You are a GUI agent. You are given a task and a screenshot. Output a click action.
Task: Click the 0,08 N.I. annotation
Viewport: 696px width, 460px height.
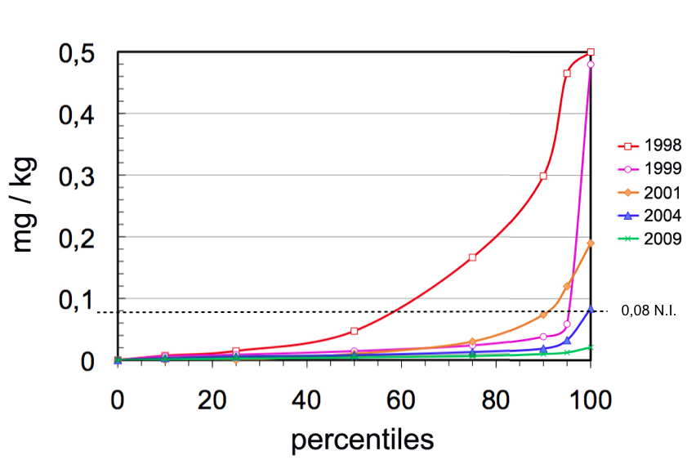pyautogui.click(x=649, y=311)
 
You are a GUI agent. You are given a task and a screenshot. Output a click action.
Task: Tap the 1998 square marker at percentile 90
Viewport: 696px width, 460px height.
pyautogui.click(x=543, y=176)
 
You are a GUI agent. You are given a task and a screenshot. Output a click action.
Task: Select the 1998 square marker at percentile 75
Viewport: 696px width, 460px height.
pyautogui.click(x=472, y=257)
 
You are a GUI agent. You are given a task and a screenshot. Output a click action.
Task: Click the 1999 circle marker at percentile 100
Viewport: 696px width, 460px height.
pyautogui.click(x=591, y=65)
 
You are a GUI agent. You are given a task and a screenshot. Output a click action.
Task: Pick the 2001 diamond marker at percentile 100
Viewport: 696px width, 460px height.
pyautogui.click(x=591, y=243)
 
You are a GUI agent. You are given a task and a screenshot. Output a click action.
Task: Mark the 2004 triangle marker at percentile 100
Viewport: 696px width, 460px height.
pyautogui.click(x=591, y=309)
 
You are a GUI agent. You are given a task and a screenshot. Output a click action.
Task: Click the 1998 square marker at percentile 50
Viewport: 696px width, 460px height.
pyautogui.click(x=355, y=331)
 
